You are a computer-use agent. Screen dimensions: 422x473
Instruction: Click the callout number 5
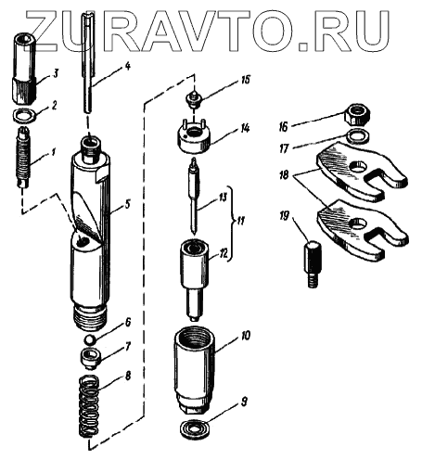point(127,204)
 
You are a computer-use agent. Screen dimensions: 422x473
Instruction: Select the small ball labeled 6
point(89,339)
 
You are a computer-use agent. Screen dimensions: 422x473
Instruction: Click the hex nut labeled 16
point(358,115)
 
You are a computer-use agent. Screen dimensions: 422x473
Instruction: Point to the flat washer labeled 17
point(358,136)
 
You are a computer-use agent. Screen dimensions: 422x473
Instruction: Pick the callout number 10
point(244,336)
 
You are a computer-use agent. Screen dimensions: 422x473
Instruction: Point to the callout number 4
point(127,66)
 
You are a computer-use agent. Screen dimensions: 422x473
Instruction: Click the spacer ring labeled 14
point(194,138)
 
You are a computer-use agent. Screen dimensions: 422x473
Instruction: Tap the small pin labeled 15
point(194,98)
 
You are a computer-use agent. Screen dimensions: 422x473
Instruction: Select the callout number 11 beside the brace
point(239,222)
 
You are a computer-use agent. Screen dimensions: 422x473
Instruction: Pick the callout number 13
point(223,197)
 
